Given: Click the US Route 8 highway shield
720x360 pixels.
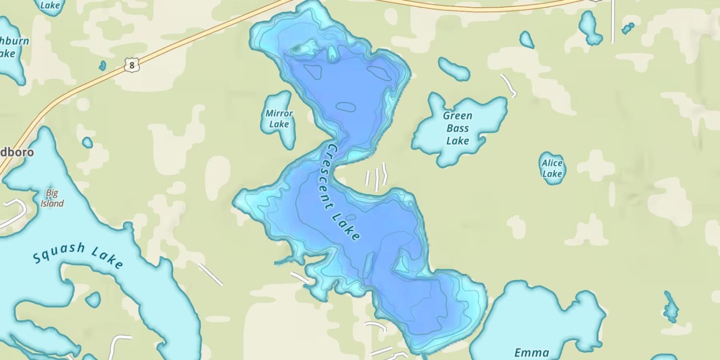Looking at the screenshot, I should (132, 65).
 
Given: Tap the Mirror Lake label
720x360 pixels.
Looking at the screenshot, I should (279, 119).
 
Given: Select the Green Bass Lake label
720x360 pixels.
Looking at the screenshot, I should (457, 128).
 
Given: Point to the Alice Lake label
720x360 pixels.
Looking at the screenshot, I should (552, 168).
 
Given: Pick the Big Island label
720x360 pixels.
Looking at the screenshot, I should (52, 198).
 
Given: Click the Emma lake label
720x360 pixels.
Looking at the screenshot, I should (531, 353).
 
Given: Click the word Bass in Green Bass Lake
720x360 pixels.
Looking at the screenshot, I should (457, 128).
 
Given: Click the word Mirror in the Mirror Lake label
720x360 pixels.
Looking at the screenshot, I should (279, 114).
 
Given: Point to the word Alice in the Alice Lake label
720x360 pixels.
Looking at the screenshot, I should (552, 163).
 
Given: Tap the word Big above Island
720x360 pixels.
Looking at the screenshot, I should (52, 193).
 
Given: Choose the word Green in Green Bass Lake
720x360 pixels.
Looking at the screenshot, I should (457, 116).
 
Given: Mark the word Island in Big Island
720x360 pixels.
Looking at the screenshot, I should (52, 204).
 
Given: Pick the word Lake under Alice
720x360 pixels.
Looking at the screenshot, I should (552, 174).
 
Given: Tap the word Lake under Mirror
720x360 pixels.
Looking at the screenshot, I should (279, 124).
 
